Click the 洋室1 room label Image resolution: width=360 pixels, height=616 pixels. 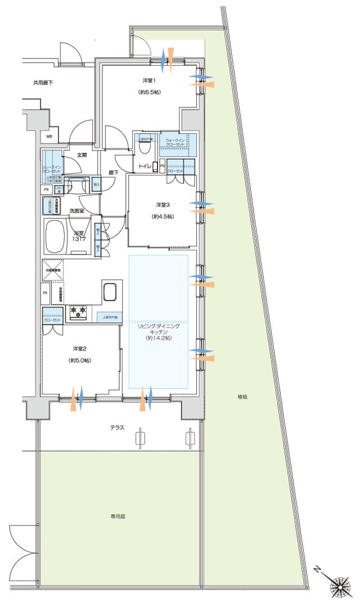click(149, 80)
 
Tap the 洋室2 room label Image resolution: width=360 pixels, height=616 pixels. click(79, 349)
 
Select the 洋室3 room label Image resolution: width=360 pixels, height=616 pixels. click(162, 204)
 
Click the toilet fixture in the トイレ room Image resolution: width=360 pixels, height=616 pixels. click(145, 147)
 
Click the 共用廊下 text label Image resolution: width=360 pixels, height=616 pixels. click(43, 83)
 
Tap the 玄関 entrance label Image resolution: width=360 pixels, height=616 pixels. click(82, 155)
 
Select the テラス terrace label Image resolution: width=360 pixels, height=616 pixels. click(117, 428)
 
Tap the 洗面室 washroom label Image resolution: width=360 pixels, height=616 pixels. click(76, 211)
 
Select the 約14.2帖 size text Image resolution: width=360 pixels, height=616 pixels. click(158, 339)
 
